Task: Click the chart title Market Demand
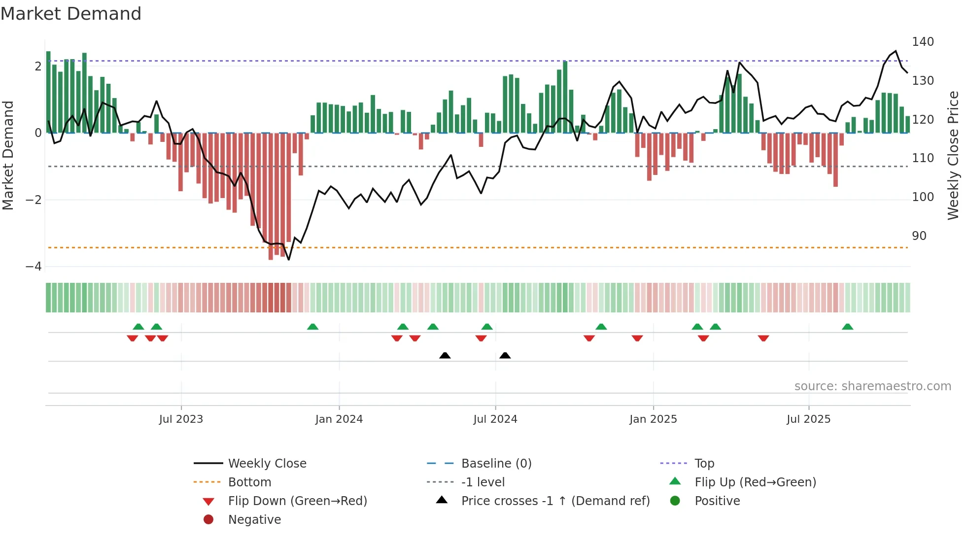click(x=71, y=14)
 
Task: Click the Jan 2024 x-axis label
click(x=339, y=419)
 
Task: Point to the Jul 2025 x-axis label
click(x=808, y=419)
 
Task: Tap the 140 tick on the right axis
click(x=923, y=42)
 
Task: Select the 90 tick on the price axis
click(x=919, y=236)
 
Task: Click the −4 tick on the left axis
click(x=34, y=267)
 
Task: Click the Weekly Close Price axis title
click(x=953, y=155)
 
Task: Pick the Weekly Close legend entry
click(x=267, y=464)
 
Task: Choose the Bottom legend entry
click(x=249, y=482)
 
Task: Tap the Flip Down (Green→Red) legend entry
click(x=297, y=501)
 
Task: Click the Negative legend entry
click(x=254, y=520)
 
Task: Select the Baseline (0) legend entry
click(x=496, y=464)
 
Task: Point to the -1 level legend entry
click(x=483, y=482)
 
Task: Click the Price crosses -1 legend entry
click(x=555, y=501)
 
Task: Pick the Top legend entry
click(x=704, y=464)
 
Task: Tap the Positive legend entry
click(x=717, y=501)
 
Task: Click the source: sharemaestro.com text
click(x=872, y=386)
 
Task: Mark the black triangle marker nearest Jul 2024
click(x=505, y=355)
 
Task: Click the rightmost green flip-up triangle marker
click(x=847, y=327)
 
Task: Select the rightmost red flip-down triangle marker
click(x=763, y=338)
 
